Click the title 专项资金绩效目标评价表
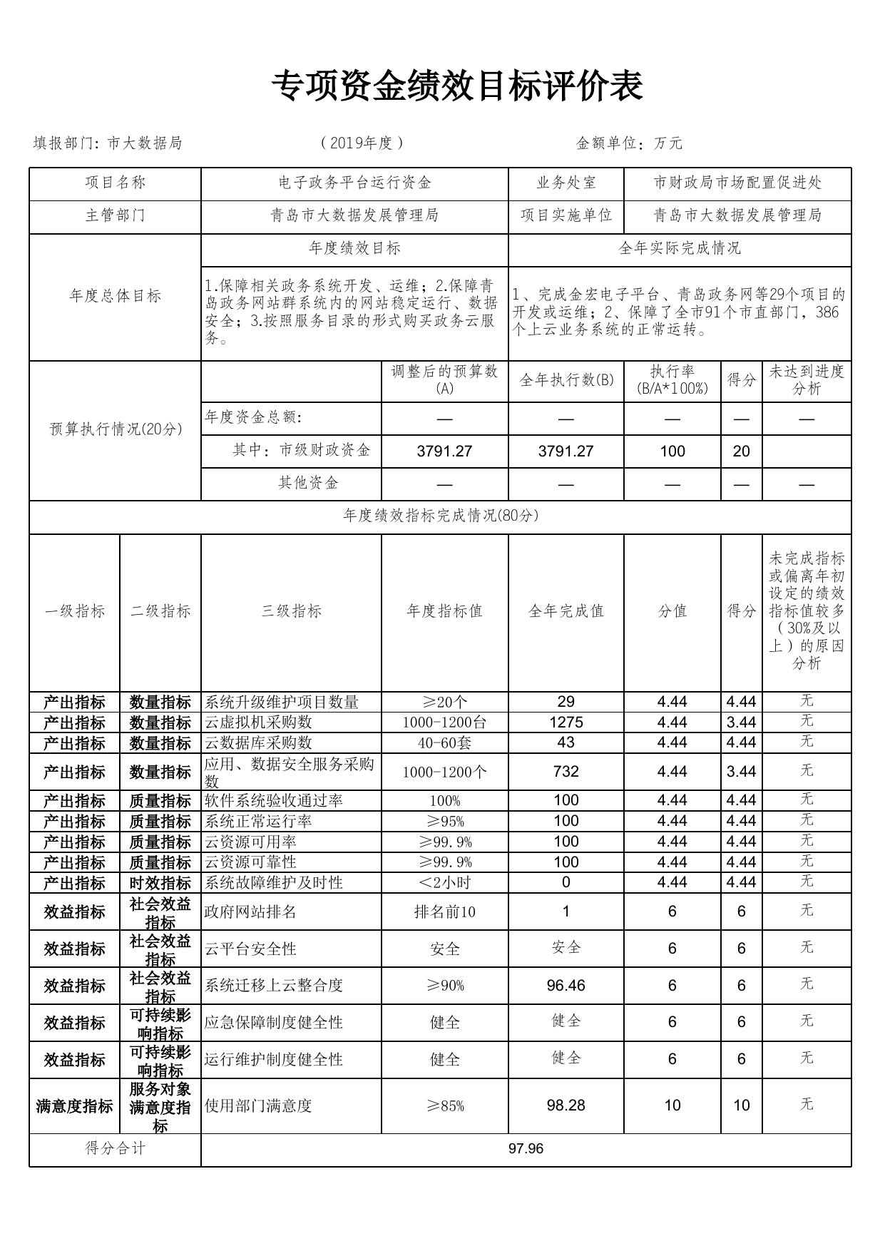tap(457, 87)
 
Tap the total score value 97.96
tap(526, 1148)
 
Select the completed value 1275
tap(566, 722)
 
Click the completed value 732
tap(566, 772)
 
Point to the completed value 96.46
tap(566, 986)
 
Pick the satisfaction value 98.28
tap(566, 1106)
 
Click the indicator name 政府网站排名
tap(250, 912)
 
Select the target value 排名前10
tap(444, 912)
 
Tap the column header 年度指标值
tap(444, 611)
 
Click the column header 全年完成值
tap(566, 611)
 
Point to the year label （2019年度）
tap(362, 143)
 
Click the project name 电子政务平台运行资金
tap(354, 183)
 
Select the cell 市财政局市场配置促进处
tap(737, 183)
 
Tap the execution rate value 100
tap(672, 451)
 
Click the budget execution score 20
tap(741, 451)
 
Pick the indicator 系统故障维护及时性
tap(274, 883)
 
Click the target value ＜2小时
tap(444, 883)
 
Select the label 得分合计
tap(115, 1148)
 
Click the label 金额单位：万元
tap(629, 143)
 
